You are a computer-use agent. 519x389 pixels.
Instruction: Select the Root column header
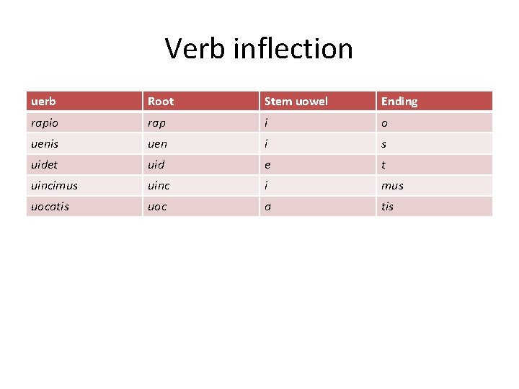[x=161, y=102]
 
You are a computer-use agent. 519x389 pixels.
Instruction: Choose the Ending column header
[x=399, y=102]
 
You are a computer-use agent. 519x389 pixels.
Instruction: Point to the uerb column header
[x=43, y=102]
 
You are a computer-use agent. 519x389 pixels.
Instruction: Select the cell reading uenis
[x=45, y=143]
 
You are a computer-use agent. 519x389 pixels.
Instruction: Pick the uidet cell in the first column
[x=45, y=164]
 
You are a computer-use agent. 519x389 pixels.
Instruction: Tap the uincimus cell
[x=54, y=185]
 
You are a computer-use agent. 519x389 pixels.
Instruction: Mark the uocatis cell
[x=50, y=207]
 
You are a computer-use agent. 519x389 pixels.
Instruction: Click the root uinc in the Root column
[x=159, y=185]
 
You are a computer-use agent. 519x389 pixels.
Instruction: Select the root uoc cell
[x=157, y=207]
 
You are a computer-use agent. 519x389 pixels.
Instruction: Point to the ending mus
[x=392, y=185]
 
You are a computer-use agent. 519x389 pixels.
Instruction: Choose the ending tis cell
[x=388, y=207]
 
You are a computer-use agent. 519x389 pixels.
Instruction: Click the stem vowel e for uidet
[x=268, y=164]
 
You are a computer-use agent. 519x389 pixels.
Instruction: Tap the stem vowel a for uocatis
[x=268, y=207]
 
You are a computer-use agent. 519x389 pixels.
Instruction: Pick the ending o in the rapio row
[x=385, y=122]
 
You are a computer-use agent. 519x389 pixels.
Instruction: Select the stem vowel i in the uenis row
[x=267, y=143]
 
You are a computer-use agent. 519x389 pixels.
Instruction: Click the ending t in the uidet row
[x=383, y=164]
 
